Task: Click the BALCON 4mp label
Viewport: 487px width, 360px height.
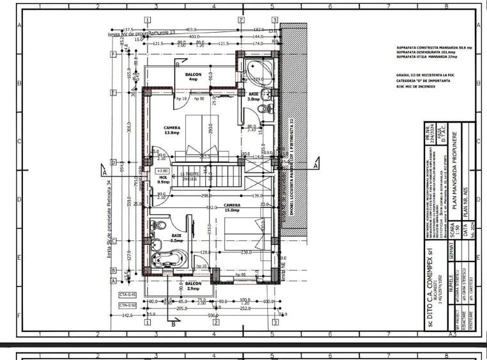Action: [x=194, y=77]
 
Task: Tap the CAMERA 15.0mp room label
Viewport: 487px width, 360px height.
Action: [x=232, y=208]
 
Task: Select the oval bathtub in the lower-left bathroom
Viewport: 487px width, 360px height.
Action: [x=169, y=258]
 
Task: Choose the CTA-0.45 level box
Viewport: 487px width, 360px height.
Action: [x=128, y=294]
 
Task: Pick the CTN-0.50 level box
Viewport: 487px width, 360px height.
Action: [x=128, y=305]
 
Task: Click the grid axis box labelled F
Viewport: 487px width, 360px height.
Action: [x=113, y=54]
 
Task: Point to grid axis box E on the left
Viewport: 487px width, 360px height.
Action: [x=113, y=93]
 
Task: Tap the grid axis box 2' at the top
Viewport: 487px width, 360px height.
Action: [x=241, y=20]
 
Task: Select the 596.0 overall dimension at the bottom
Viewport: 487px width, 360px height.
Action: [x=212, y=315]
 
